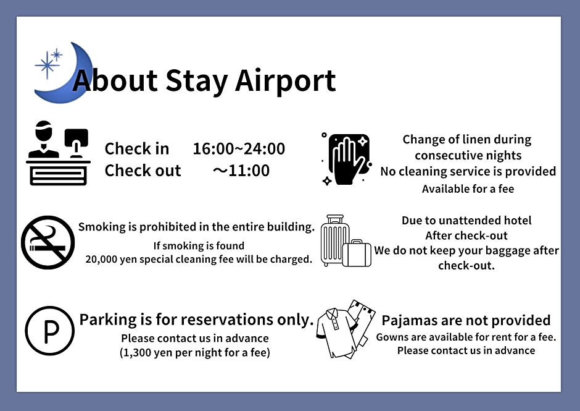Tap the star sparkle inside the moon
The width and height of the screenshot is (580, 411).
point(49,62)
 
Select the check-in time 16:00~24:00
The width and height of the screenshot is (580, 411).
point(239,149)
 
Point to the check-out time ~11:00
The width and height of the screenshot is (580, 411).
point(241,171)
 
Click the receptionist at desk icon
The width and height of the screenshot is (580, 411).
point(58,153)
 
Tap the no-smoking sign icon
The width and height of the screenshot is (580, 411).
point(48,242)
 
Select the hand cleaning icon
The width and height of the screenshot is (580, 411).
point(345,159)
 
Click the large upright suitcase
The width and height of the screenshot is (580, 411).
point(336,240)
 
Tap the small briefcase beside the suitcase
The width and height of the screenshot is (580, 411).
point(357,253)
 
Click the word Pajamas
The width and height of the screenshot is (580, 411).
point(411,321)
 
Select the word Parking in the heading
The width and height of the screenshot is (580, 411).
point(107,320)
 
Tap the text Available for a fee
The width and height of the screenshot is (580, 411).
point(468,189)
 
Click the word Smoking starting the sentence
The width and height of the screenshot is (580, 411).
point(102,227)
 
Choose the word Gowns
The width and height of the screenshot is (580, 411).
point(393,337)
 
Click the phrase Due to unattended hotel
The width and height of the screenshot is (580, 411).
point(466,221)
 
